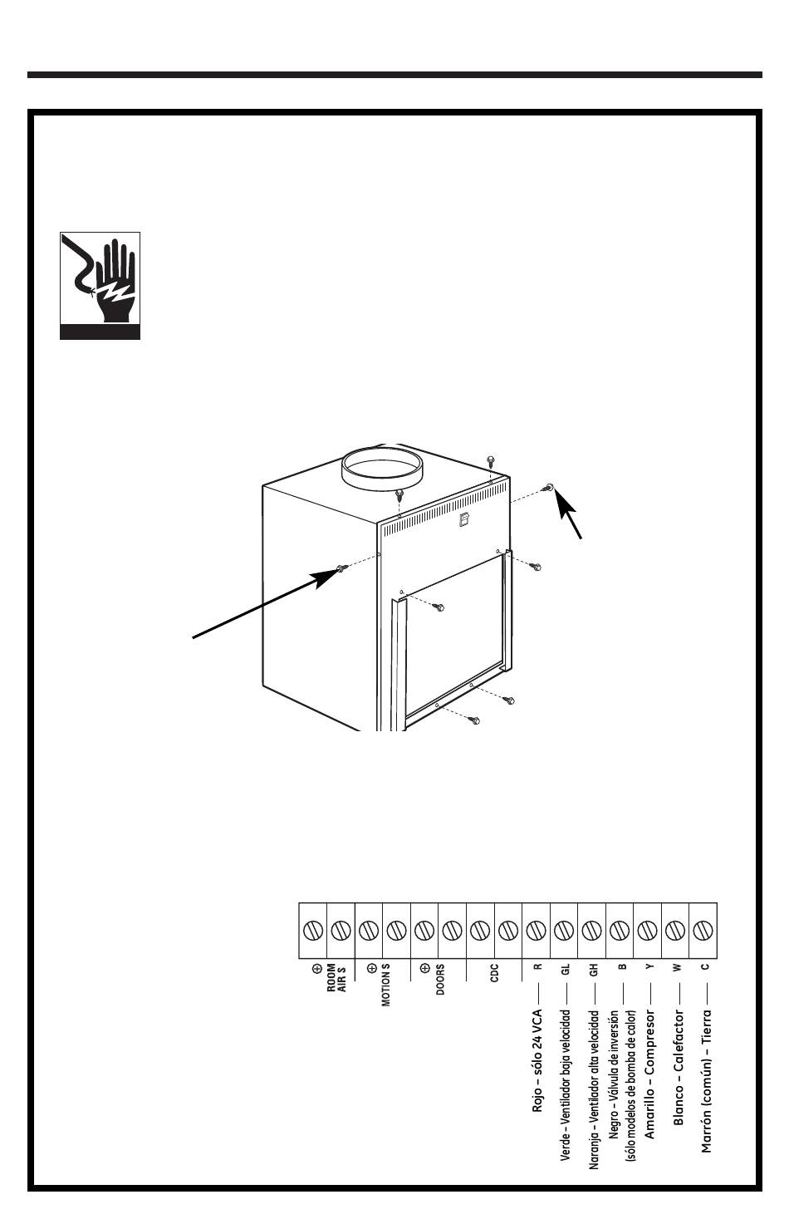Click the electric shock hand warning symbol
100,286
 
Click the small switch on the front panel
463,520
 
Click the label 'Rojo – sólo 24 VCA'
537,1060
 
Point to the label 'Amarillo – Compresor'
649,1074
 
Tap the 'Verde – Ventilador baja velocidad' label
566,1086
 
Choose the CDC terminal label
494,973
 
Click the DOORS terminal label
440,979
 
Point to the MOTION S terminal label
386,985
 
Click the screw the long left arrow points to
341,568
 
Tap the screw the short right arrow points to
549,487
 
